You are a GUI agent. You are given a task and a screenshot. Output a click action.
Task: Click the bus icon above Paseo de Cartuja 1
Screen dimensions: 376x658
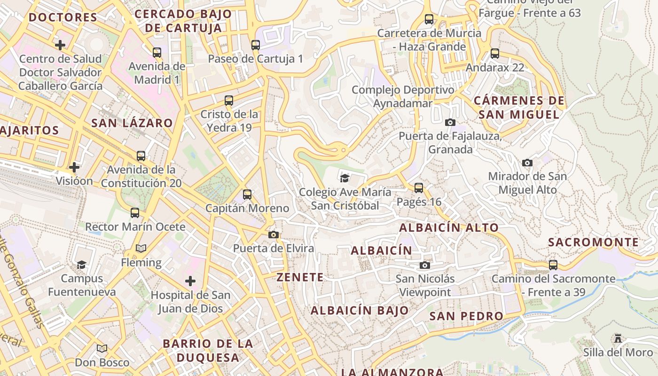pyautogui.click(x=255, y=45)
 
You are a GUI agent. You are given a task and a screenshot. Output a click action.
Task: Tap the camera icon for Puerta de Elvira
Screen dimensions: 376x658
pyautogui.click(x=274, y=235)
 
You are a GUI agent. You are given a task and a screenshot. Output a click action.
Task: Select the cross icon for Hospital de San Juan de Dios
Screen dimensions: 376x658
pyautogui.click(x=190, y=281)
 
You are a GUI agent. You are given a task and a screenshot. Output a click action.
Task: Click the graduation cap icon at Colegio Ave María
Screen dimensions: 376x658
pyautogui.click(x=345, y=178)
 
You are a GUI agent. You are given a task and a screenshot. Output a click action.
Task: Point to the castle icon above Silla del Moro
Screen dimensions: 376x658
pyautogui.click(x=618, y=338)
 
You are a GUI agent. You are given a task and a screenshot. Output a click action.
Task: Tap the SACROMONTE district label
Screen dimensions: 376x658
pyautogui.click(x=594, y=243)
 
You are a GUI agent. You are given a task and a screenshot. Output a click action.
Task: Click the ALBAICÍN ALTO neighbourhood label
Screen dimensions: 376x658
pyautogui.click(x=449, y=228)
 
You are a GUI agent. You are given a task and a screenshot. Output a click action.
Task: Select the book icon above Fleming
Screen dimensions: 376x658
pyautogui.click(x=141, y=248)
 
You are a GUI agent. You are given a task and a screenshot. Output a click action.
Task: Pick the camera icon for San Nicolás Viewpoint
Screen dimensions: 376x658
pyautogui.click(x=425, y=265)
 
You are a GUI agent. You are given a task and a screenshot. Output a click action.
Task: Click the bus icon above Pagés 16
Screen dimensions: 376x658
pyautogui.click(x=419, y=188)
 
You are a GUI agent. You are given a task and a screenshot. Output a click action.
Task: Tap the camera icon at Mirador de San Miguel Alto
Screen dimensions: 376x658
pyautogui.click(x=527, y=163)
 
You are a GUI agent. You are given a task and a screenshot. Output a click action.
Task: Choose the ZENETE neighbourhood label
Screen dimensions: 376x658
pyautogui.click(x=300, y=277)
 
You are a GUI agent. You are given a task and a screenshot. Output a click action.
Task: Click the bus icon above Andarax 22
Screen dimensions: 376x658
pyautogui.click(x=494, y=54)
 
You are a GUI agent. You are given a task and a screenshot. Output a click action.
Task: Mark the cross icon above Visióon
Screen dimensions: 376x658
pyautogui.click(x=74, y=167)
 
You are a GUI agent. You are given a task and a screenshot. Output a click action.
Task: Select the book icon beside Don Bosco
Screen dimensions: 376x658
pyautogui.click(x=102, y=349)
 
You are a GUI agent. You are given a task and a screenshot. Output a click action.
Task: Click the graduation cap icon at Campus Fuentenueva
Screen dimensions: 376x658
pyautogui.click(x=82, y=265)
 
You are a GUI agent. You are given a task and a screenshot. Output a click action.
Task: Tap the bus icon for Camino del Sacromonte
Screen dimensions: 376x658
pyautogui.click(x=553, y=265)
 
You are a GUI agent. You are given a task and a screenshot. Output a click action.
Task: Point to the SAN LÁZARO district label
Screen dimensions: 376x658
pyautogui.click(x=132, y=124)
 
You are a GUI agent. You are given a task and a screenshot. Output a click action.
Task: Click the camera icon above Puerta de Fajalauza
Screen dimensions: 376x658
pyautogui.click(x=450, y=122)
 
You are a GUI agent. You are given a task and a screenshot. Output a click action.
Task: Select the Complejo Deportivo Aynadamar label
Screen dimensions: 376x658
pyautogui.click(x=403, y=96)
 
